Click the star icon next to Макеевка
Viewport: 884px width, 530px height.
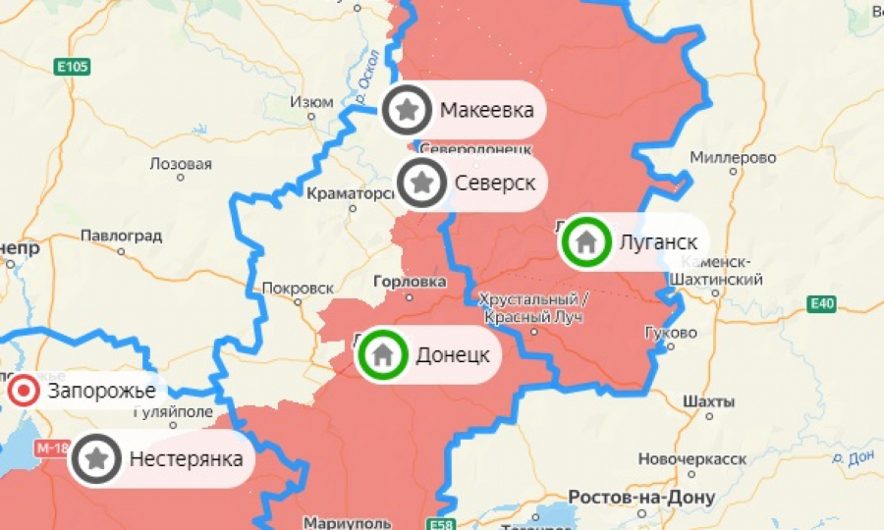pyautogui.click(x=408, y=110)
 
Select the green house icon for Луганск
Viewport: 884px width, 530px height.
pyautogui.click(x=585, y=241)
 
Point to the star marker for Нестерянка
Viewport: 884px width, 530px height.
pyautogui.click(x=96, y=457)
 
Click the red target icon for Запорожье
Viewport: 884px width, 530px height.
pyautogui.click(x=23, y=392)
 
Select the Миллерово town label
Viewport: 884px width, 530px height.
pyautogui.click(x=733, y=157)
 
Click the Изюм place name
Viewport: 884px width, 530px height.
pyautogui.click(x=312, y=103)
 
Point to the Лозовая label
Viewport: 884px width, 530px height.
pyautogui.click(x=181, y=163)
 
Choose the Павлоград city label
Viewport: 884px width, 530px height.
pyautogui.click(x=121, y=236)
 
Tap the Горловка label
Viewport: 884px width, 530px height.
pyautogui.click(x=410, y=282)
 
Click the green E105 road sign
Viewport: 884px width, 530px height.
pyautogui.click(x=72, y=67)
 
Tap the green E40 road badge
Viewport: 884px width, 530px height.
pyautogui.click(x=822, y=304)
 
